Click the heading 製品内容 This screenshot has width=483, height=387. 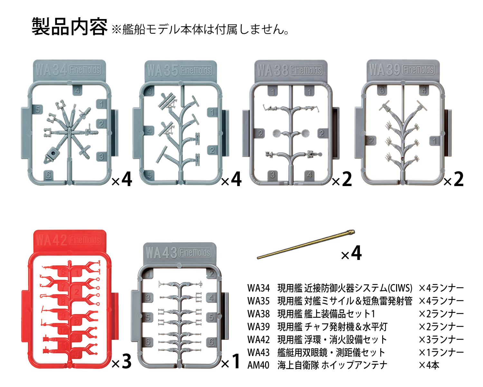(69, 26)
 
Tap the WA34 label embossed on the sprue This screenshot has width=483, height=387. (51, 70)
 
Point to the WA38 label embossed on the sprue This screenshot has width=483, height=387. (273, 70)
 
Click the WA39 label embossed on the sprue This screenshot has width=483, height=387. (385, 70)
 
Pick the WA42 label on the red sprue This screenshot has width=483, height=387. (52, 240)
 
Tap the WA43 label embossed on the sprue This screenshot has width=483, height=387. (161, 253)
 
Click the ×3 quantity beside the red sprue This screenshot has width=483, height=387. (122, 362)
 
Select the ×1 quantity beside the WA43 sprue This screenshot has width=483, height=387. (231, 362)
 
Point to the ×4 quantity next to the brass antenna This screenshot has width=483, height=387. (351, 253)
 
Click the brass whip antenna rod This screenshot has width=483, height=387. (306, 244)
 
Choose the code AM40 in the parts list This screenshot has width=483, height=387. (258, 365)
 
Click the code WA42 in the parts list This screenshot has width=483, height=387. (258, 340)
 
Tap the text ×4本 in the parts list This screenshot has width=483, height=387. (429, 365)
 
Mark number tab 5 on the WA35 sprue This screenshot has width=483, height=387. (150, 175)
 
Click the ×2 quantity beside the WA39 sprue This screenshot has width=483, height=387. (454, 179)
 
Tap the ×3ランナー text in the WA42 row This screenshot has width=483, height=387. (441, 340)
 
